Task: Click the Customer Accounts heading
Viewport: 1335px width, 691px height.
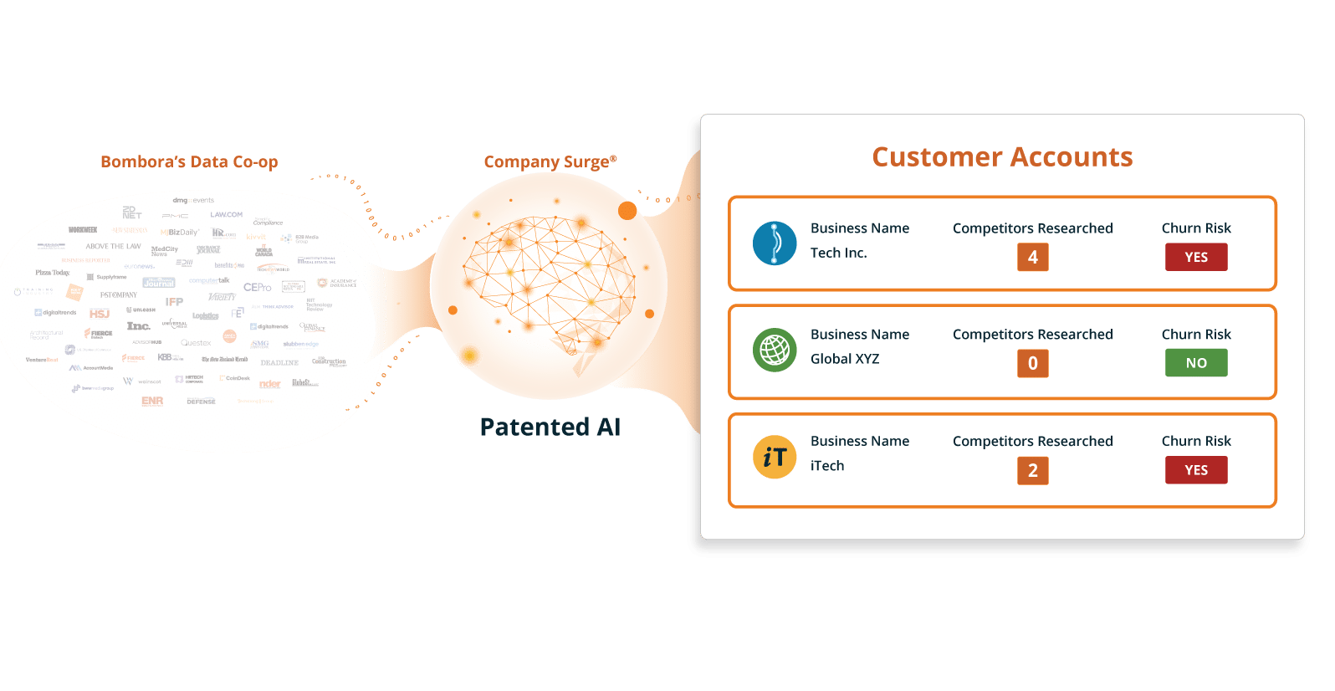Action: (1002, 157)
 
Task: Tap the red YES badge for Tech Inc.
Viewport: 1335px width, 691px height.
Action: (1196, 257)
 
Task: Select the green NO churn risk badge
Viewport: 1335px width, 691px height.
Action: (1196, 363)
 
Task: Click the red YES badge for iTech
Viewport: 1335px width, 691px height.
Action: (1196, 470)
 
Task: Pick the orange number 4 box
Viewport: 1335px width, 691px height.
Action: (1033, 257)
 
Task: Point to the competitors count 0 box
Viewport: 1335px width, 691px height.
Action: (1033, 363)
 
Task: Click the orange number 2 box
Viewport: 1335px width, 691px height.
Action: (1033, 470)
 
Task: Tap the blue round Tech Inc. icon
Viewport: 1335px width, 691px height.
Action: (775, 243)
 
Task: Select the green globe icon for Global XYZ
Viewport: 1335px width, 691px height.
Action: (775, 350)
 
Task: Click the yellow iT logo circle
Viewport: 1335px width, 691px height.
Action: (775, 457)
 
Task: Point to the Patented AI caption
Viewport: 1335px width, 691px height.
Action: (550, 427)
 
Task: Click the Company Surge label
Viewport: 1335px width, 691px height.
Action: (550, 161)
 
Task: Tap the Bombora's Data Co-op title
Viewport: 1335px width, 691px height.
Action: (189, 161)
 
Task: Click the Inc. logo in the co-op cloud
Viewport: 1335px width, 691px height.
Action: (139, 326)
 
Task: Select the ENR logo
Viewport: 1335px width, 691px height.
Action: (152, 402)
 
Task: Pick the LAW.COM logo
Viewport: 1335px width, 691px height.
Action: (226, 215)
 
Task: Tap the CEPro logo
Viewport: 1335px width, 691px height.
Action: (257, 287)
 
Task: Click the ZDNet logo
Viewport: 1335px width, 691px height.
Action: (132, 212)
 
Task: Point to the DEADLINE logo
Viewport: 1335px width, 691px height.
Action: (279, 363)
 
